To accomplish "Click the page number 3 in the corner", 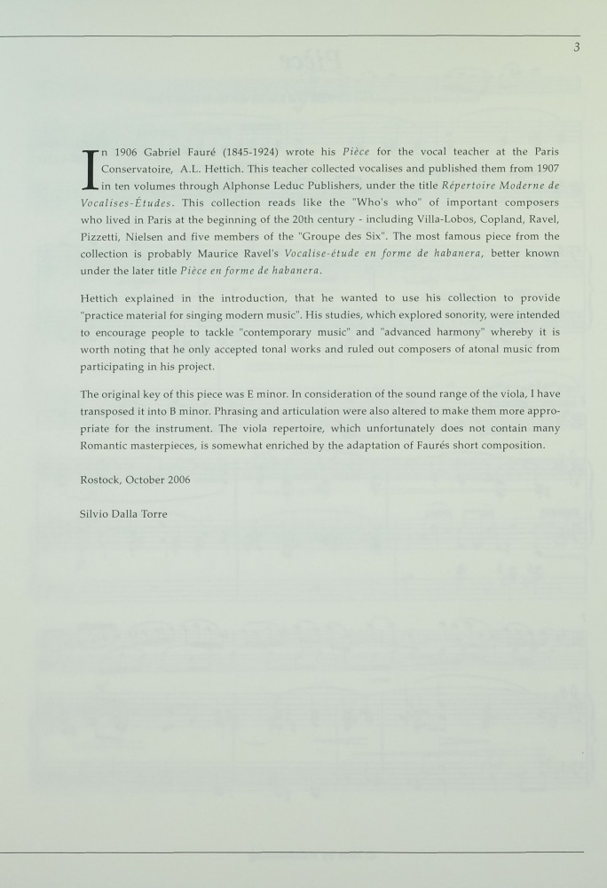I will click(x=576, y=47).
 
